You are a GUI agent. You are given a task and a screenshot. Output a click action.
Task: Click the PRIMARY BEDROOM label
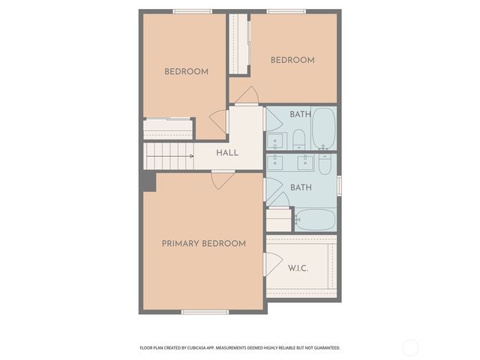pyautogui.click(x=203, y=244)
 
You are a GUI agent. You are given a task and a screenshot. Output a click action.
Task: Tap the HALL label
pyautogui.click(x=227, y=152)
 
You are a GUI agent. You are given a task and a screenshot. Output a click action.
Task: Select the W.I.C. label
pyautogui.click(x=298, y=268)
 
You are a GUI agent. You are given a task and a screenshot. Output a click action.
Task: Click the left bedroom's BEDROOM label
pyautogui.click(x=186, y=72)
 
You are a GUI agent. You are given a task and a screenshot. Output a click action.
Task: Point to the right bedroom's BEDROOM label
pyautogui.click(x=292, y=60)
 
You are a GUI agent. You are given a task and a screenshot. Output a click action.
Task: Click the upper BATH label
pyautogui.click(x=301, y=115)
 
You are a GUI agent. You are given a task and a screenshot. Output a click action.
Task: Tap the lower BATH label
pyautogui.click(x=301, y=187)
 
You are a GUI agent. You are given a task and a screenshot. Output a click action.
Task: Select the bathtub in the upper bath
pyautogui.click(x=324, y=128)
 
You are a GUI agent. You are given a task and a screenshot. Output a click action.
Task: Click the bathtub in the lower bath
pyautogui.click(x=315, y=220)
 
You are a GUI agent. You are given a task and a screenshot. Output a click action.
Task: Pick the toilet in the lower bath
pyautogui.click(x=325, y=163)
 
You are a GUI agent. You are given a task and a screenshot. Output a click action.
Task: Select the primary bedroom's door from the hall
pyautogui.click(x=223, y=179)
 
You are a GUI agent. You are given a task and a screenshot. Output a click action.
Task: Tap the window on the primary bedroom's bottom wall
pyautogui.click(x=205, y=311)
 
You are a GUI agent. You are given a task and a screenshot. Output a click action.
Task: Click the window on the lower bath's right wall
pyautogui.click(x=339, y=184)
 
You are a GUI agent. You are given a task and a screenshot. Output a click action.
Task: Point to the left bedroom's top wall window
pyautogui.click(x=192, y=11)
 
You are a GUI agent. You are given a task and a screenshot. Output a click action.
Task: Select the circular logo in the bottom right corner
pyautogui.click(x=410, y=347)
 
